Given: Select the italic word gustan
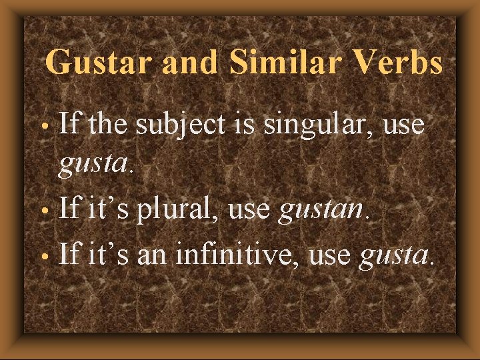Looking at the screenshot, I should [x=322, y=211].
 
